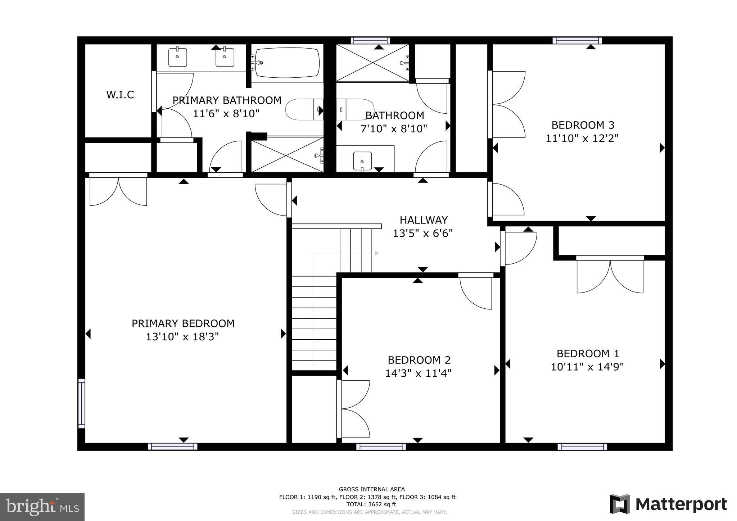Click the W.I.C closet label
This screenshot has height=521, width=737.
click(x=120, y=95)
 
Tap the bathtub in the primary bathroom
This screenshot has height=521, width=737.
click(x=287, y=63)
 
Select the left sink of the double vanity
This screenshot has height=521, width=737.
click(x=178, y=58)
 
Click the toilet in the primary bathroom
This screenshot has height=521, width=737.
click(x=304, y=109)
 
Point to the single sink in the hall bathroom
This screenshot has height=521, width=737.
click(x=362, y=160)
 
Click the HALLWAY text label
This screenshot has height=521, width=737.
click(x=424, y=220)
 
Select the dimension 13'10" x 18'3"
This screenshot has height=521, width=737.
click(x=182, y=337)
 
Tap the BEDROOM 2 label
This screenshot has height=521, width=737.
click(x=419, y=360)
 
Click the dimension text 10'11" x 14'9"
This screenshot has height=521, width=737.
click(x=587, y=367)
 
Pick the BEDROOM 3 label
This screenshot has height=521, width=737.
click(x=583, y=125)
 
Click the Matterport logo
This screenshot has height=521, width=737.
click(x=668, y=504)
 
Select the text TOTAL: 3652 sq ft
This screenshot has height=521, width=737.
click(x=367, y=504)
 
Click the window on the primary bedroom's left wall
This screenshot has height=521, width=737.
click(x=82, y=403)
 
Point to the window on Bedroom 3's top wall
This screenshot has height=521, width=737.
click(x=577, y=40)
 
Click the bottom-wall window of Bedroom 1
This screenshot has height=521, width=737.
click(x=582, y=447)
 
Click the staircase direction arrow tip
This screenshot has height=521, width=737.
click(x=377, y=253)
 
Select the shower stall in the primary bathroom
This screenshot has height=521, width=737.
click(x=287, y=155)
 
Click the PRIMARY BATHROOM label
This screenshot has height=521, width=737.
click(x=227, y=100)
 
